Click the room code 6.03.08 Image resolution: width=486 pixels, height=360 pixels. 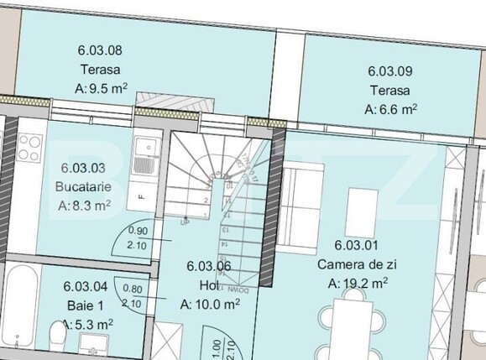click(x=101, y=50)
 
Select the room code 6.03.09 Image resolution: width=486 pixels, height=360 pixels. click(x=391, y=72)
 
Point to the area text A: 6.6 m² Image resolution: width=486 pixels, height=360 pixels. click(x=391, y=109)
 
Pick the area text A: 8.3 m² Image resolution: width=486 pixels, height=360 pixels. click(x=84, y=204)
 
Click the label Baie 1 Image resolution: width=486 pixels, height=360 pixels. click(x=85, y=305)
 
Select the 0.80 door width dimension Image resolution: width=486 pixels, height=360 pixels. click(x=131, y=288)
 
